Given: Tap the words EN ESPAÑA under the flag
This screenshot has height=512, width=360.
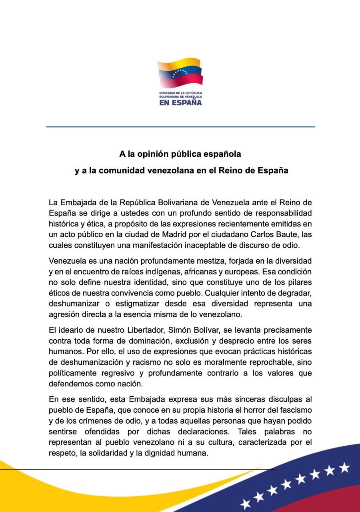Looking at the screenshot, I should point(180,102).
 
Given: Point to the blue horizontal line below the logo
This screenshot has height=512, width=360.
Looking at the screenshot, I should point(180,127).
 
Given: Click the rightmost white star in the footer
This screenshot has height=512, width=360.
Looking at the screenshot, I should point(344,467).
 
